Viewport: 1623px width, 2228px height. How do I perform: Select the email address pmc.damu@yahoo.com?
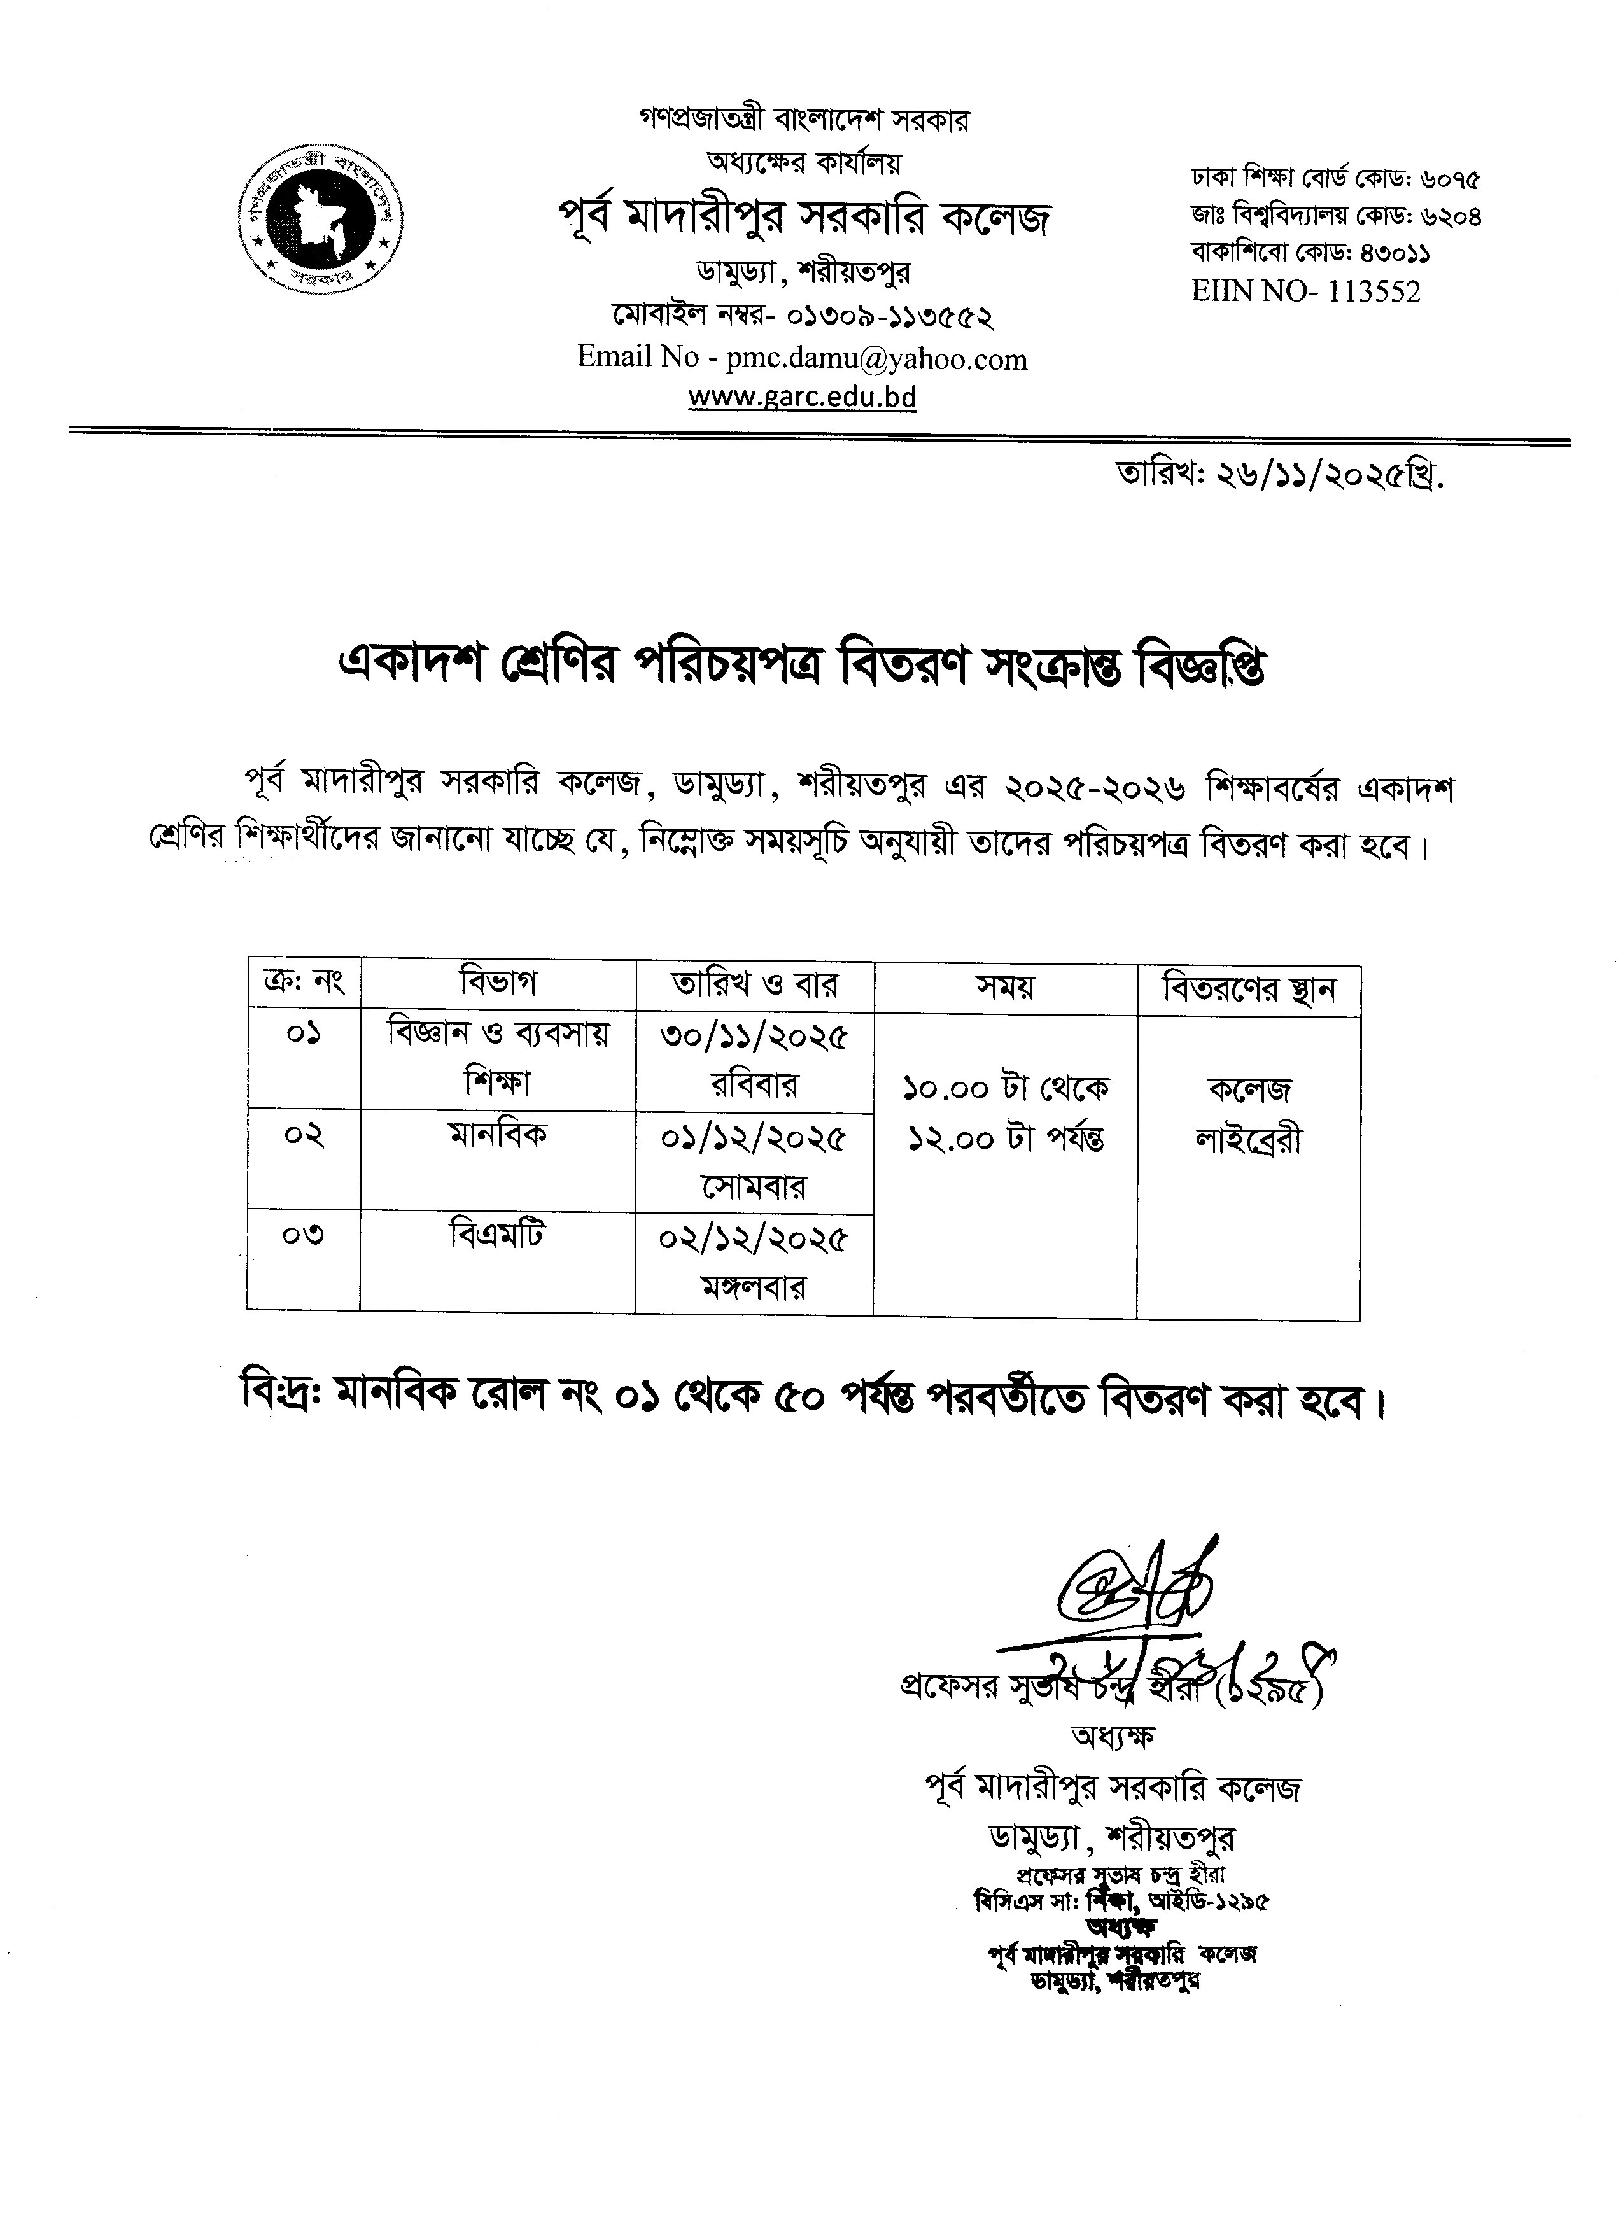tap(876, 360)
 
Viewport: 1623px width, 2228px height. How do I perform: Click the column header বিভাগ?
tap(498, 983)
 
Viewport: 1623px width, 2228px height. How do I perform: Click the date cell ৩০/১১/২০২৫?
tap(754, 1037)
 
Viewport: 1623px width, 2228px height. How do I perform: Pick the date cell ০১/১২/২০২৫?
tap(754, 1138)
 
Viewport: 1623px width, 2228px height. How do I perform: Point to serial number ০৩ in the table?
tap(304, 1235)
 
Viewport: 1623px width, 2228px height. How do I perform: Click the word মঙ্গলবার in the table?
tap(754, 1286)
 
